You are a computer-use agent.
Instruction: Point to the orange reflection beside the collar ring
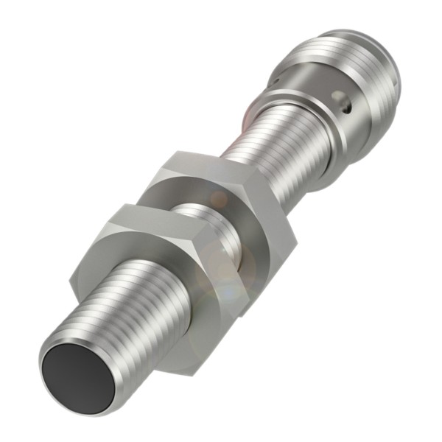pos(250,114)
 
